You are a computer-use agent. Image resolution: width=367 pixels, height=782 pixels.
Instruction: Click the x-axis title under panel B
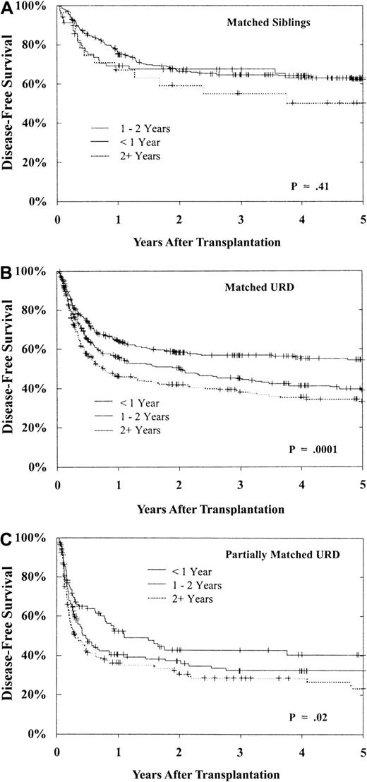(x=210, y=508)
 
